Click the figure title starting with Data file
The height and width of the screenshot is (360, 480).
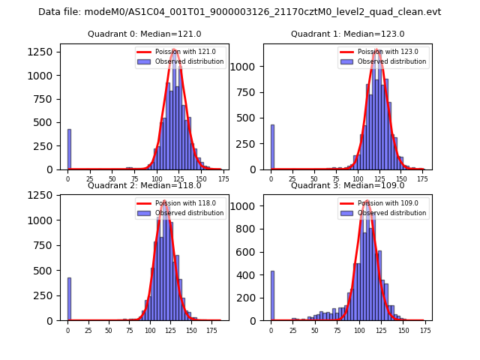point(239,12)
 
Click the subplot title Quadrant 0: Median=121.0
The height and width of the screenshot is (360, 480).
point(145,34)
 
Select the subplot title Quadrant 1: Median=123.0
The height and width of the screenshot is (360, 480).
point(348,34)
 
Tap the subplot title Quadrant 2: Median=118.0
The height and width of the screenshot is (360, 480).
point(145,185)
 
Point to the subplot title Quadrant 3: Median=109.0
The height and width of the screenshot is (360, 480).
point(348,185)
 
